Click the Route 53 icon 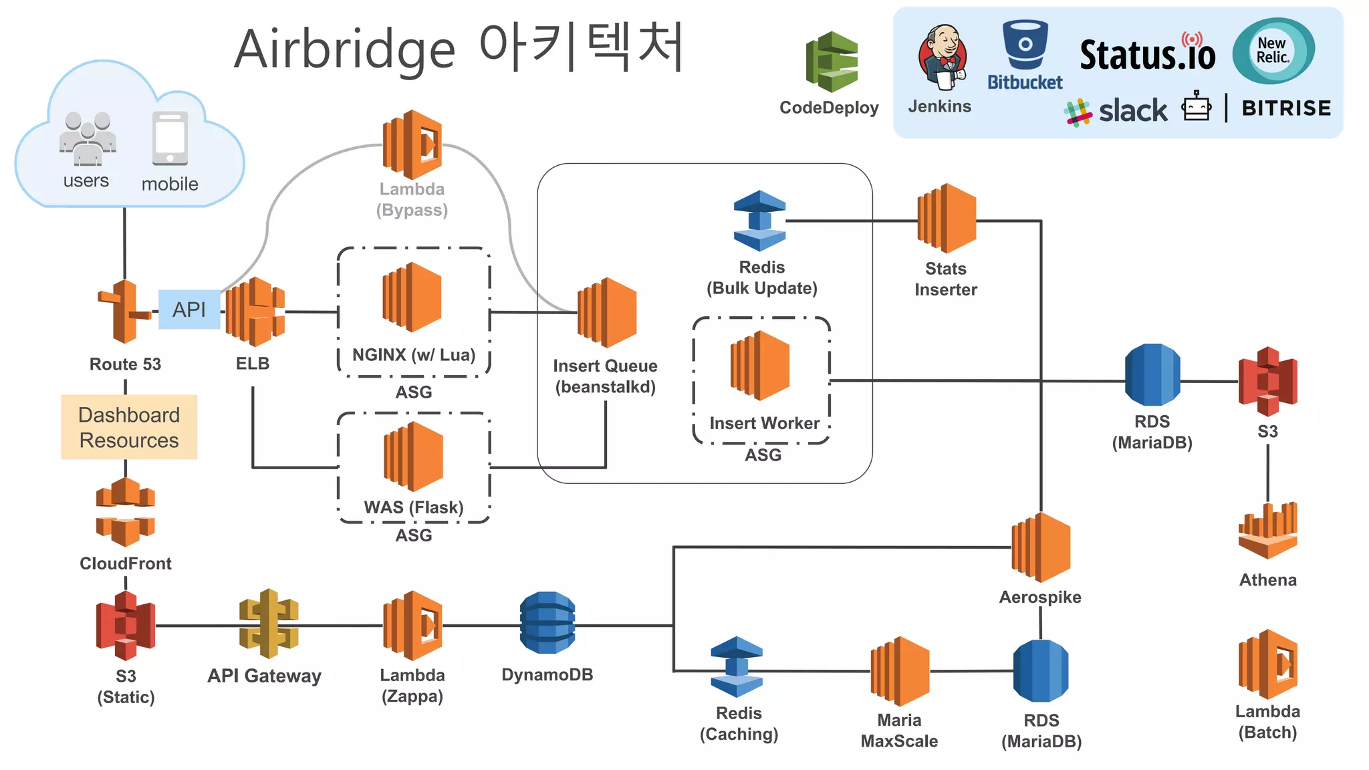tap(124, 311)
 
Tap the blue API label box tap(189, 309)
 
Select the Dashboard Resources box tap(129, 427)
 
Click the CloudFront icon tap(126, 512)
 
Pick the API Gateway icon tap(269, 624)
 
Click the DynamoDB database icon tap(547, 622)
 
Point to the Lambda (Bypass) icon tap(412, 144)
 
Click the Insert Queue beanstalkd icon tap(606, 312)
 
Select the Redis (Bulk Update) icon tap(759, 221)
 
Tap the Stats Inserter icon tap(947, 219)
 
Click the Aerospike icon tap(1041, 547)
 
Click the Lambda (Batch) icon tap(1267, 664)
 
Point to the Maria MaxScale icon tap(900, 671)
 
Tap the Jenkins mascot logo tap(942, 57)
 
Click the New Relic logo tap(1273, 51)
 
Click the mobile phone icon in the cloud tap(170, 138)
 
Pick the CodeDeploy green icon tap(832, 61)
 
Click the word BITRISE tap(1286, 108)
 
